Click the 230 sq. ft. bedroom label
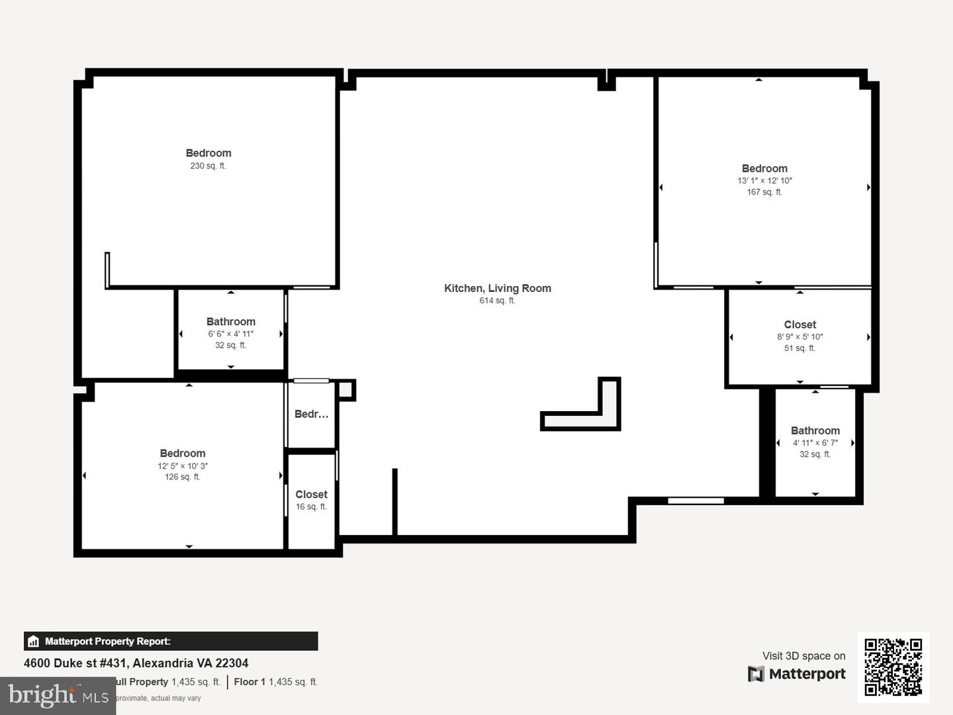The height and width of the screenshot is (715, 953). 208,154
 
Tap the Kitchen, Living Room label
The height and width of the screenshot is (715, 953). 497,288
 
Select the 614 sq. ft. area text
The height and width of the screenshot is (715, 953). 497,301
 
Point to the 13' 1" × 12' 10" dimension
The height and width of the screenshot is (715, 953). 764,181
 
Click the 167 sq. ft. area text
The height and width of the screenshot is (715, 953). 764,192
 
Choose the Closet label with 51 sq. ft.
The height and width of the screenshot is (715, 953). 799,324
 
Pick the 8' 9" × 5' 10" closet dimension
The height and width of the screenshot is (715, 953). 799,337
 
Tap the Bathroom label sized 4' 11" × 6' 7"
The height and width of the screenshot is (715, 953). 815,430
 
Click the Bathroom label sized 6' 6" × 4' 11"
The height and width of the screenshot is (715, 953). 230,322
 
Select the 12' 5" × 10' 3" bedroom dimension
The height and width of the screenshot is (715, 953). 182,466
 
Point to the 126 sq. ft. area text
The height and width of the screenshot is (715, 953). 182,477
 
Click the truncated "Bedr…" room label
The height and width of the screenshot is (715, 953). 311,414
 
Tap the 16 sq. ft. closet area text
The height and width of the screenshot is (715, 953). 311,507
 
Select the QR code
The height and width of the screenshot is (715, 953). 893,667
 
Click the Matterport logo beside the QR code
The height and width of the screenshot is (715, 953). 797,674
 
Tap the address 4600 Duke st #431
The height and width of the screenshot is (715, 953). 136,663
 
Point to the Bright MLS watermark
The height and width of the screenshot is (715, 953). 58,695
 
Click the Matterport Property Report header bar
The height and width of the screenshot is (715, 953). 171,641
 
